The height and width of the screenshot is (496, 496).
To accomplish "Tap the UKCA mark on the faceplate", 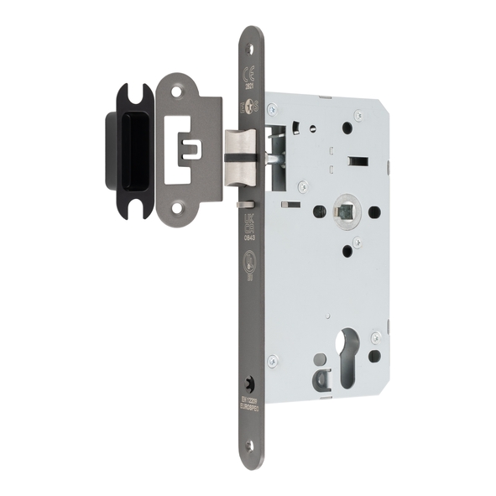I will [249, 222].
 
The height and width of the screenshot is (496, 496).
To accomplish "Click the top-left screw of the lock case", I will [271, 107].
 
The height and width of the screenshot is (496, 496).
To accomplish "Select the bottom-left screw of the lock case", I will [272, 361].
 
